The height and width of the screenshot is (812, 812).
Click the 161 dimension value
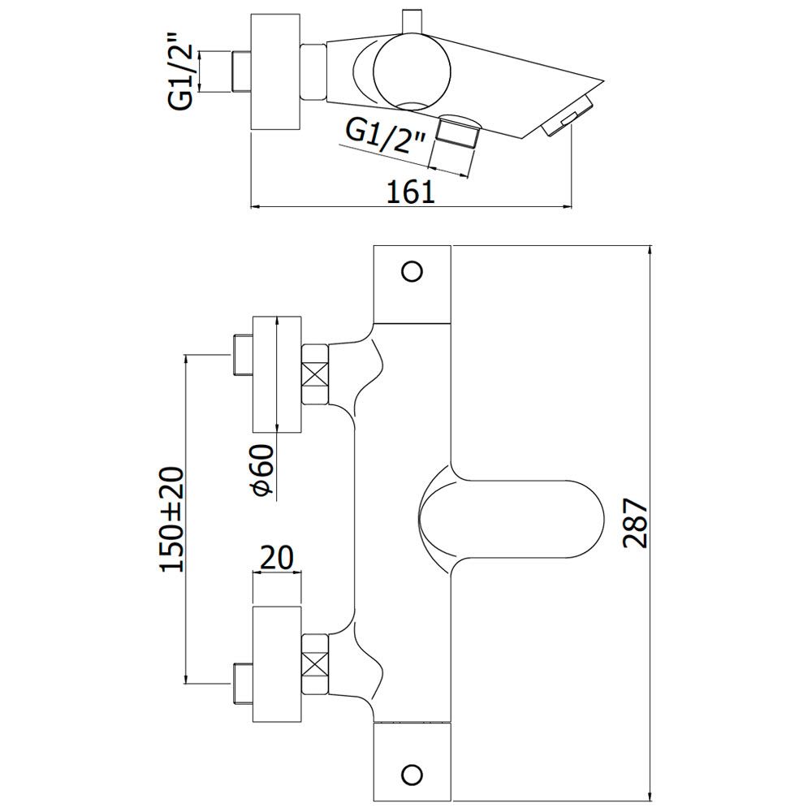(411, 192)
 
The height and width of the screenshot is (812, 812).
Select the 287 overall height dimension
(635, 523)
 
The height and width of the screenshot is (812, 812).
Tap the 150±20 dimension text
(172, 520)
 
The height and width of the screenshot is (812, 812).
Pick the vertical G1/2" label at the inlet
(180, 71)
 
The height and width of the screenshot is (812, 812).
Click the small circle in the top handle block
(412, 271)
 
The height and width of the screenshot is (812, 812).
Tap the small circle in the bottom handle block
(412, 775)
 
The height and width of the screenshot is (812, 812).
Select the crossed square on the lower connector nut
(315, 663)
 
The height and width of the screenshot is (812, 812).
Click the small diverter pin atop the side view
(412, 20)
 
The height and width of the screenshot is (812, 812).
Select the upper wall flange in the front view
(277, 374)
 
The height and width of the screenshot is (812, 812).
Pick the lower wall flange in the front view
(277, 664)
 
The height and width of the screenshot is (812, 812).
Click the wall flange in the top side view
(275, 72)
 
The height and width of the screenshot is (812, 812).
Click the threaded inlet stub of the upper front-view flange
(241, 355)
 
